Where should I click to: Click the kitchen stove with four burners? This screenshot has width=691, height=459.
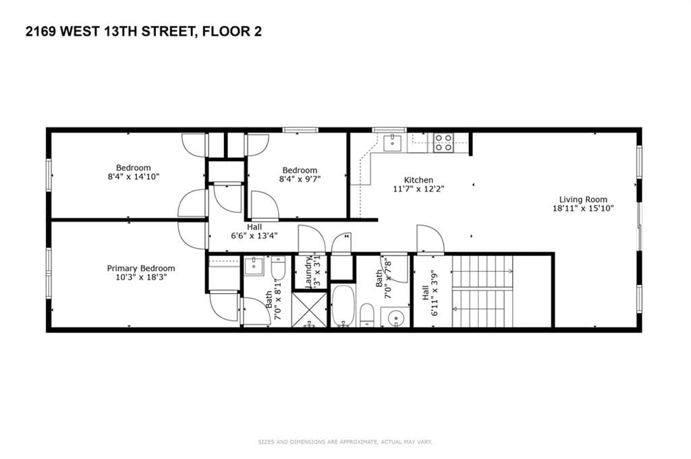click(443, 142)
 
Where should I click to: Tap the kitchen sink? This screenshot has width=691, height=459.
click(391, 142)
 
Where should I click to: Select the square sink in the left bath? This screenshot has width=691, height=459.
click(254, 267)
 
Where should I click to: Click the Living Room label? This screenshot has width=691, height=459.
click(583, 200)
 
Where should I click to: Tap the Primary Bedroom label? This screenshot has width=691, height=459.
click(141, 268)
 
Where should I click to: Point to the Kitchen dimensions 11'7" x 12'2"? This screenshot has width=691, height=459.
click(418, 189)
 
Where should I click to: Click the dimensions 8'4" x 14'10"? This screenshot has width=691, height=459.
click(134, 177)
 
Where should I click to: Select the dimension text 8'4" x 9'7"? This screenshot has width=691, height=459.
click(300, 179)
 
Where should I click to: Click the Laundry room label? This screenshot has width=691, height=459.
click(308, 272)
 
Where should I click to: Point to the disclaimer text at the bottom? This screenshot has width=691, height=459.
click(345, 442)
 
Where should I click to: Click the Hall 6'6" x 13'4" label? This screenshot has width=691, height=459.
click(254, 232)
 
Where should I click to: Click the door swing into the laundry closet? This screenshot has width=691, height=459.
click(312, 240)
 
